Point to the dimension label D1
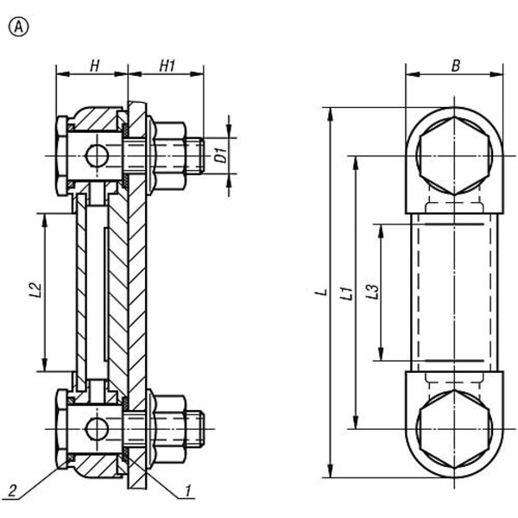coord(220,155)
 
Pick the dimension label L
coord(320,294)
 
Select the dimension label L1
coord(345,294)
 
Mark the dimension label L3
coord(371,294)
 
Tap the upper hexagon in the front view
coord(454,156)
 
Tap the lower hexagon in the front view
coord(454,429)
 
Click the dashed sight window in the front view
coord(454,292)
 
